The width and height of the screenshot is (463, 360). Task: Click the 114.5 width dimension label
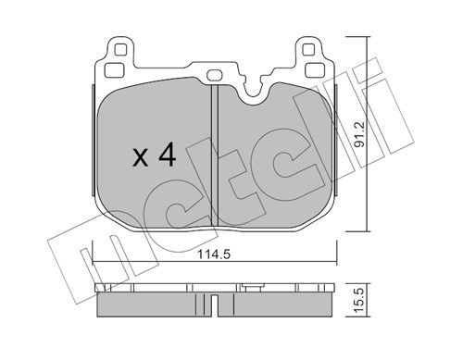tap(214, 254)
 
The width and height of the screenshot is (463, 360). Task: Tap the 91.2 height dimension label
tap(359, 135)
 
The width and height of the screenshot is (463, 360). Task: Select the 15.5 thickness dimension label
tap(359, 300)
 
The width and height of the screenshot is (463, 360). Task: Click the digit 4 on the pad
tap(168, 156)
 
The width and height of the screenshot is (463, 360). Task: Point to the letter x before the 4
tap(140, 158)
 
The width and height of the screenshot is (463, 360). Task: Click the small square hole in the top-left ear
tap(120, 49)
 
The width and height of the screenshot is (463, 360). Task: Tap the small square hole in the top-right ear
tap(307, 49)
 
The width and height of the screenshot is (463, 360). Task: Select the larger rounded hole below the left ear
tap(114, 70)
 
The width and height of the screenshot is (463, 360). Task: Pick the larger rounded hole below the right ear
tap(314, 70)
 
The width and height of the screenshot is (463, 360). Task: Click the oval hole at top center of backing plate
tap(214, 75)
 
